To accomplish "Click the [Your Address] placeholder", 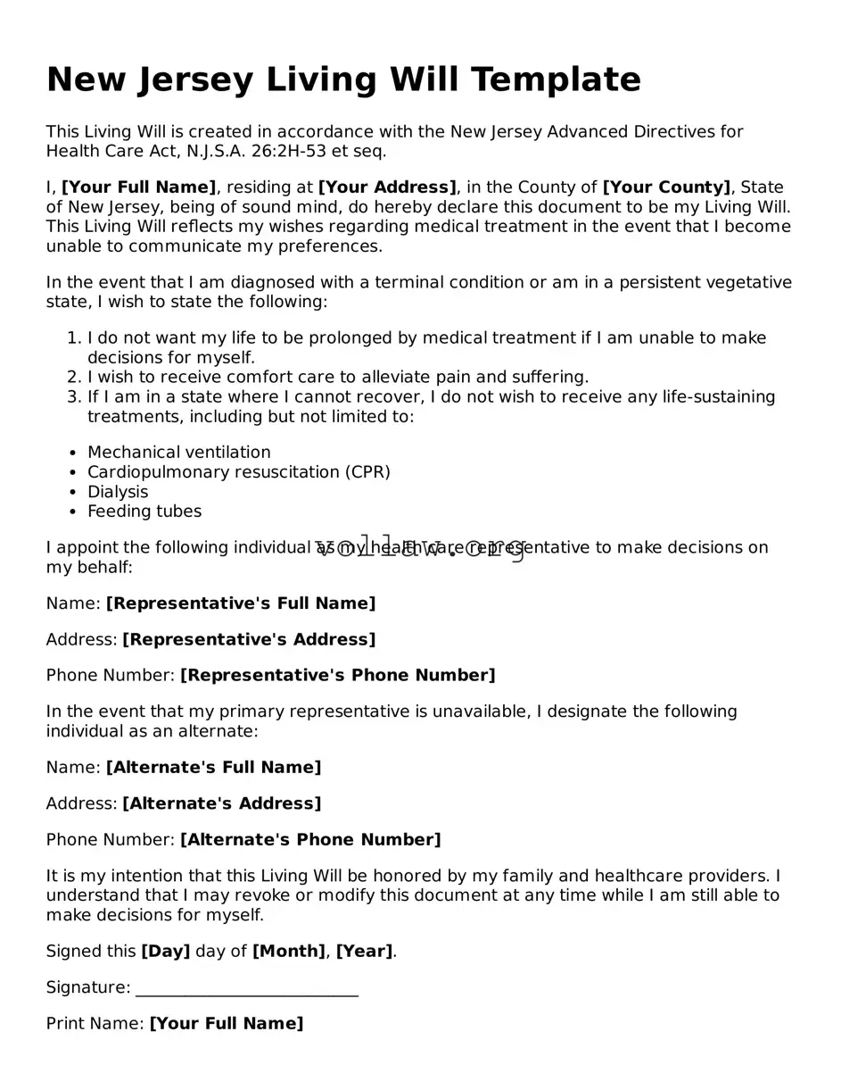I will pos(387,187).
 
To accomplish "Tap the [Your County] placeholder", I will pos(666,187).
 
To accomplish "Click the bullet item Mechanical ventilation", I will pos(178,453).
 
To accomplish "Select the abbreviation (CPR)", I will pos(367,472).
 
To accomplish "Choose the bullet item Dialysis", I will pos(118,492).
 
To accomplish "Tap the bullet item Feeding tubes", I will pos(144,512).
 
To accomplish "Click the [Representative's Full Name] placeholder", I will pos(241,603).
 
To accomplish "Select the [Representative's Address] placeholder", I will pos(249,640).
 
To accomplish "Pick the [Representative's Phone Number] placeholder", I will pos(337,676).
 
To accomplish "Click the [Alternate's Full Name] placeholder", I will pos(213,768).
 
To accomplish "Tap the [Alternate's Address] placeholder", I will pos(221,803).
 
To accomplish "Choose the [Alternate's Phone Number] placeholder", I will pos(310,840).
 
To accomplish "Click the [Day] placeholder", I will pos(166,952).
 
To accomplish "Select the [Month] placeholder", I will pos(289,952).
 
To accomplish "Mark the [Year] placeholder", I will pos(364,952).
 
